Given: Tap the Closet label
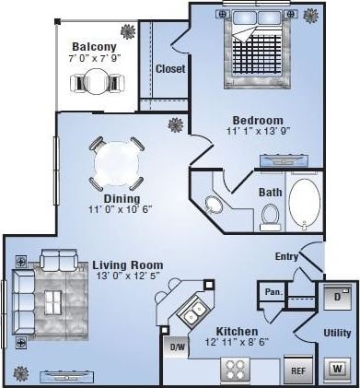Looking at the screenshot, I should tap(170, 69).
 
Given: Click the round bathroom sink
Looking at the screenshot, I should tap(214, 205).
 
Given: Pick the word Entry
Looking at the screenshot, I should tap(287, 257).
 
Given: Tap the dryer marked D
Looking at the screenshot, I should tap(337, 298).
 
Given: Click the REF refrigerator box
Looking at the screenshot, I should tap(297, 370).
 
